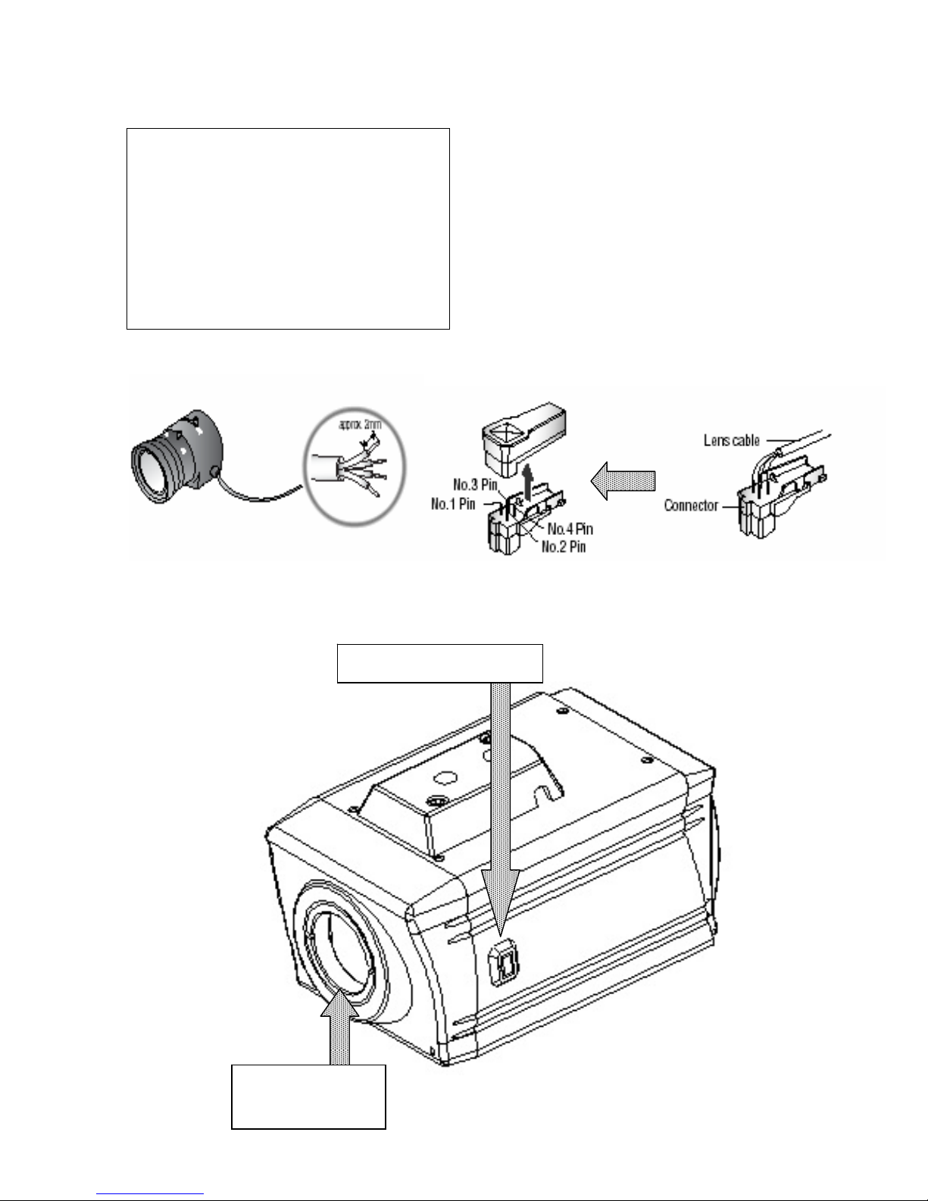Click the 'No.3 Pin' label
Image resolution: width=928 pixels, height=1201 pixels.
pyautogui.click(x=475, y=484)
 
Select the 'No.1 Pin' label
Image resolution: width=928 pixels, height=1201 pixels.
pyautogui.click(x=453, y=503)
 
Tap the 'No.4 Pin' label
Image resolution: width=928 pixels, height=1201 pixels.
pyautogui.click(x=570, y=529)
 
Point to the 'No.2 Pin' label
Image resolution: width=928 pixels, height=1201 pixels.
pyautogui.click(x=564, y=546)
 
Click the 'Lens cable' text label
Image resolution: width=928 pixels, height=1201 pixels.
pyautogui.click(x=731, y=440)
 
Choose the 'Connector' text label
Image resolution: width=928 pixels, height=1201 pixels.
pyautogui.click(x=691, y=505)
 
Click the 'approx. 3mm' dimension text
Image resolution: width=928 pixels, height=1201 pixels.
pyautogui.click(x=360, y=424)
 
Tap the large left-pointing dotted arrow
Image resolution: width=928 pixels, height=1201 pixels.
pyautogui.click(x=623, y=481)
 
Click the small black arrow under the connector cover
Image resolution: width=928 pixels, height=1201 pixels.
pyautogui.click(x=529, y=483)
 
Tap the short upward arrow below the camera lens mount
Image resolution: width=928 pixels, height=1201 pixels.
pyautogui.click(x=339, y=1027)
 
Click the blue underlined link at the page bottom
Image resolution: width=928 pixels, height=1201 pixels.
pyautogui.click(x=150, y=1194)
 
